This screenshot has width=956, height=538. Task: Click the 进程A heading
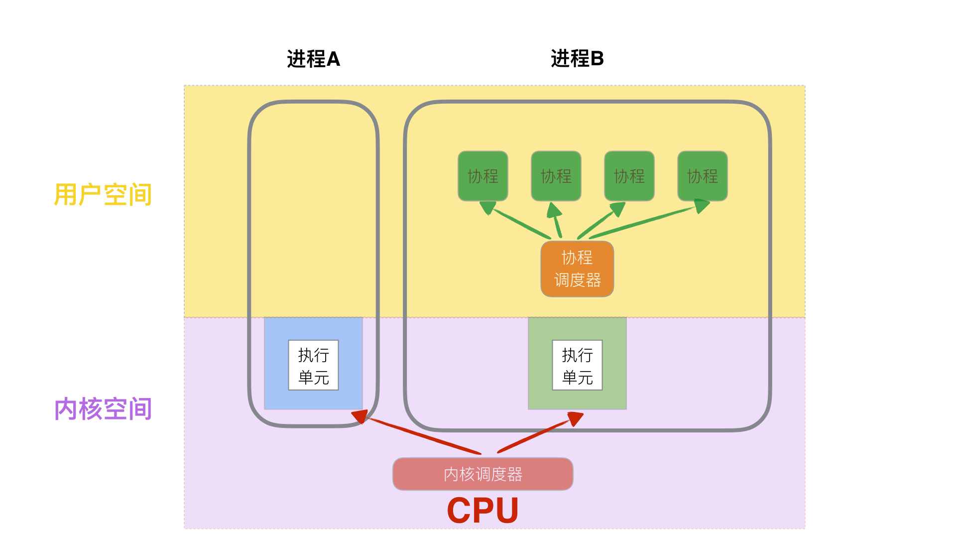[313, 59]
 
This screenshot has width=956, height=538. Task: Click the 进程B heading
[577, 59]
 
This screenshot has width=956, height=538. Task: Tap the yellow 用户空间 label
[103, 194]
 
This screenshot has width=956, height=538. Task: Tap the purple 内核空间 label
[103, 409]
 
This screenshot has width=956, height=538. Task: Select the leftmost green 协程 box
[482, 176]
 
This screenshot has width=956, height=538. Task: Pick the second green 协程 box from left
[556, 176]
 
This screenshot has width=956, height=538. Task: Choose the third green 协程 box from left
[629, 176]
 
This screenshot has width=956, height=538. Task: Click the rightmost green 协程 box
[702, 176]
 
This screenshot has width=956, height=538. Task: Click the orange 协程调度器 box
[577, 269]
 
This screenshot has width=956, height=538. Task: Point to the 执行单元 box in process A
[313, 365]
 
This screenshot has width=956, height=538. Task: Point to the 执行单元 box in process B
[577, 365]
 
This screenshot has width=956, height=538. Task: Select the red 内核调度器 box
[482, 474]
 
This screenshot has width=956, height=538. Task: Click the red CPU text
[482, 511]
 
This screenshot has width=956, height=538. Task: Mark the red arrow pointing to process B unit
[535, 435]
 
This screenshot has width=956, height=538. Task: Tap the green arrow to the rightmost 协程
[642, 222]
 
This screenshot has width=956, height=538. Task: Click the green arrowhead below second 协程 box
[554, 210]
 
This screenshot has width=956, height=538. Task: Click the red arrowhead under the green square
[575, 418]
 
